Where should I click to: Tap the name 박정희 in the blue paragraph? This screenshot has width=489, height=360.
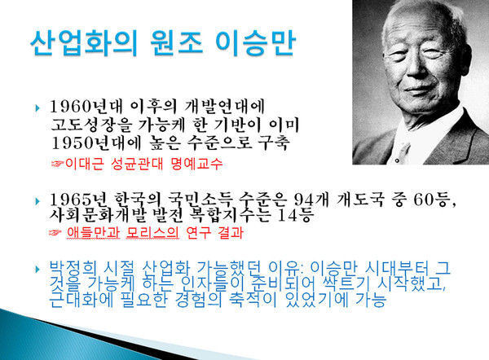click(x=70, y=267)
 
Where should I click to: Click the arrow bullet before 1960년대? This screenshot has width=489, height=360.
click(x=36, y=108)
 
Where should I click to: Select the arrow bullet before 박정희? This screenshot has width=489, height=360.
click(x=36, y=268)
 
